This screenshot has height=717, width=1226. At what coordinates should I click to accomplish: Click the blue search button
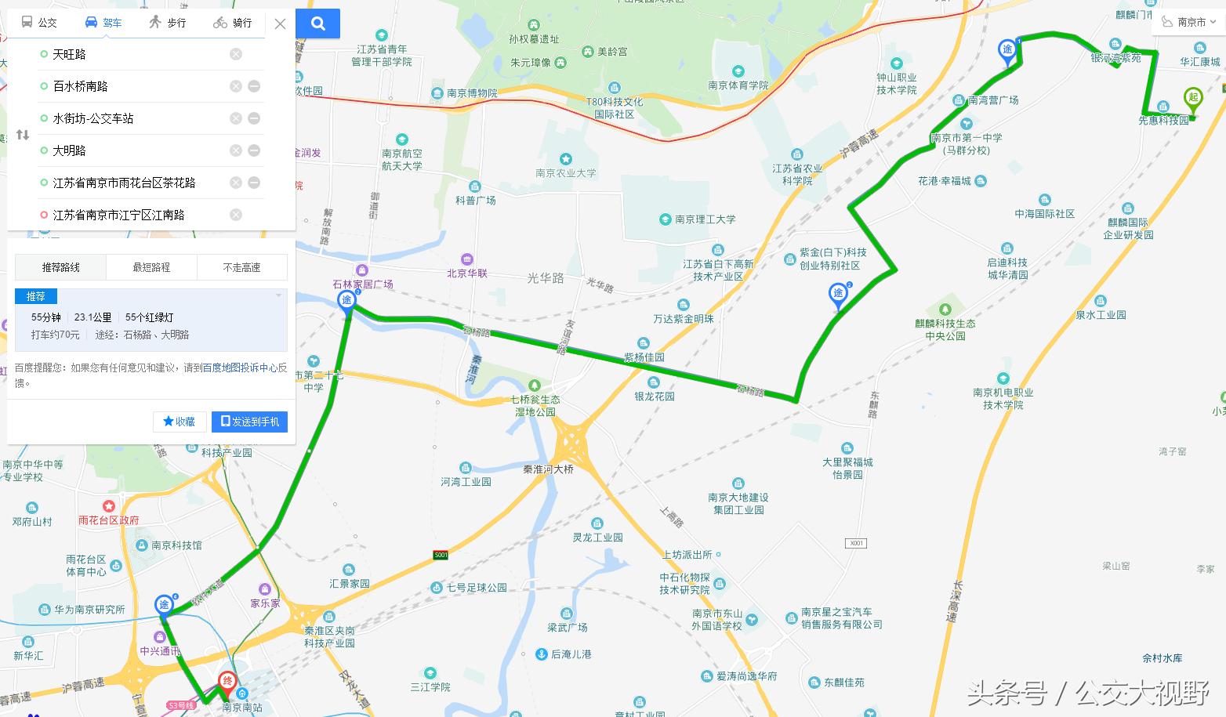coord(317,24)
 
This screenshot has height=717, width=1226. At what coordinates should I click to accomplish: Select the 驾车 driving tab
coord(103,23)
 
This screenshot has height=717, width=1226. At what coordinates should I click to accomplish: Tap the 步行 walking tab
coord(168,23)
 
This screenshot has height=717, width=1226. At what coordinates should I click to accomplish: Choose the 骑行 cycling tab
coord(233,23)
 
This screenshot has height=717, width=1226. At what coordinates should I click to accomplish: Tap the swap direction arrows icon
coord(23,135)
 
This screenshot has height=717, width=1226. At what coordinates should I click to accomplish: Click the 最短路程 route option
coord(151,267)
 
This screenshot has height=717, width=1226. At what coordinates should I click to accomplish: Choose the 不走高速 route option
coord(241,267)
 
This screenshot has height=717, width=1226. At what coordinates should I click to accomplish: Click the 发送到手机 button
coord(250,422)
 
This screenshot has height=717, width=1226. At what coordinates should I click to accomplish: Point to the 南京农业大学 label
coord(566,172)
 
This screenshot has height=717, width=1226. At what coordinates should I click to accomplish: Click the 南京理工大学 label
coord(705,219)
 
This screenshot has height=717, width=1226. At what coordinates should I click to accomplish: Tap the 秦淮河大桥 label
coord(549,469)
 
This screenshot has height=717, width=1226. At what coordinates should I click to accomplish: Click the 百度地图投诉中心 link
coord(239,367)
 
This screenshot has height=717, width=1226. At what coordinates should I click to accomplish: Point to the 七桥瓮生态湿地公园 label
coord(535,405)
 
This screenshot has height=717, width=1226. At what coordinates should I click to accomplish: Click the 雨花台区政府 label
coord(108,520)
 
